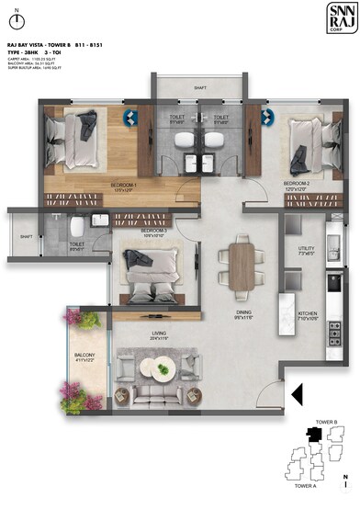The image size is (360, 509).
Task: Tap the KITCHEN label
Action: (x=307, y=314)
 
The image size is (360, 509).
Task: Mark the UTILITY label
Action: (x=306, y=249)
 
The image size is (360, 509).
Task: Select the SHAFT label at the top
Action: (x=199, y=88)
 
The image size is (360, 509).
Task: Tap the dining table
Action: (x=242, y=266)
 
